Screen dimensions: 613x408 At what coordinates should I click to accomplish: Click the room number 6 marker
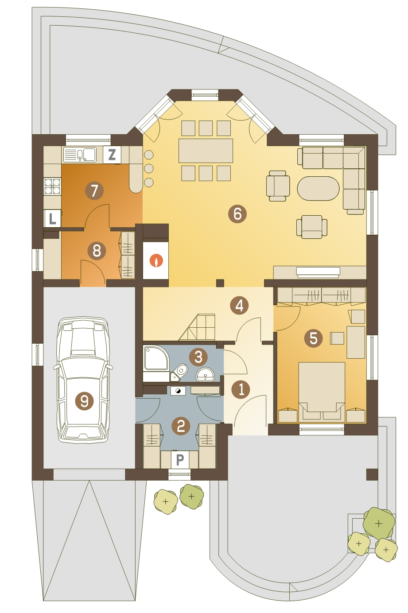coord(237,213)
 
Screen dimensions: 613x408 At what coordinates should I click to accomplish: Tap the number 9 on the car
coord(84,401)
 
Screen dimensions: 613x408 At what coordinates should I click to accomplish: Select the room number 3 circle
coord(198,357)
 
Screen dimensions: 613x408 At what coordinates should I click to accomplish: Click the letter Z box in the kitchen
coord(112,155)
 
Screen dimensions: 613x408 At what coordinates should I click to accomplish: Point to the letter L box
coord(52,218)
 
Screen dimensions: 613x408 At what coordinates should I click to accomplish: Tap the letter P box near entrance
coord(180,460)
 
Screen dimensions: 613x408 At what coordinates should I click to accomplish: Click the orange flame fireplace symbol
coord(155,260)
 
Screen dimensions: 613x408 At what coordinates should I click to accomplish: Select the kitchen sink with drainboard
coord(80,155)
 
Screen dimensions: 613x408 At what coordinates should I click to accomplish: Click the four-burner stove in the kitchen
coord(52,186)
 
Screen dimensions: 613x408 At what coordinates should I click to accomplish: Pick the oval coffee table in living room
coord(318,189)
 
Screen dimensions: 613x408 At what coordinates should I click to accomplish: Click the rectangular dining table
coord(206,151)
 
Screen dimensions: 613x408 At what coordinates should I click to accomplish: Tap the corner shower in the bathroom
coord(155,359)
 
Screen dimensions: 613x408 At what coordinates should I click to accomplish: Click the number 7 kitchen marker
coord(94,191)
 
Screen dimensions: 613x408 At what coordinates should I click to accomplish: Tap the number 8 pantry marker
coord(97,251)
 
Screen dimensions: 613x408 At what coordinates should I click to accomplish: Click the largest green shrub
coord(379,523)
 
